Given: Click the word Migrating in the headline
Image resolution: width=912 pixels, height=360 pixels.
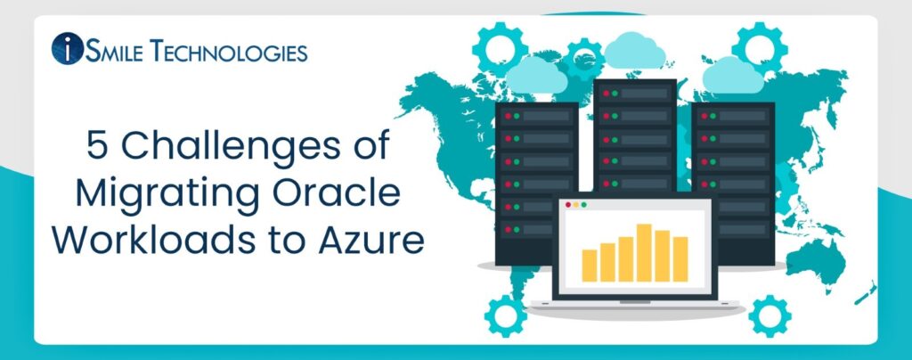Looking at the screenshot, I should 159,192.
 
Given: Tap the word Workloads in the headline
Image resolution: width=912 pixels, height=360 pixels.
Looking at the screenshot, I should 166,240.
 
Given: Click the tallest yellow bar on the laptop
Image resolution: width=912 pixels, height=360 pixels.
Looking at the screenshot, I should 644,252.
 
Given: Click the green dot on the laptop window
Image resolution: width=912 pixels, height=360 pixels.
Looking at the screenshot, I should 584,206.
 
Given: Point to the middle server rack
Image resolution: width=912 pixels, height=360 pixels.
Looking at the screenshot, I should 634,134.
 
